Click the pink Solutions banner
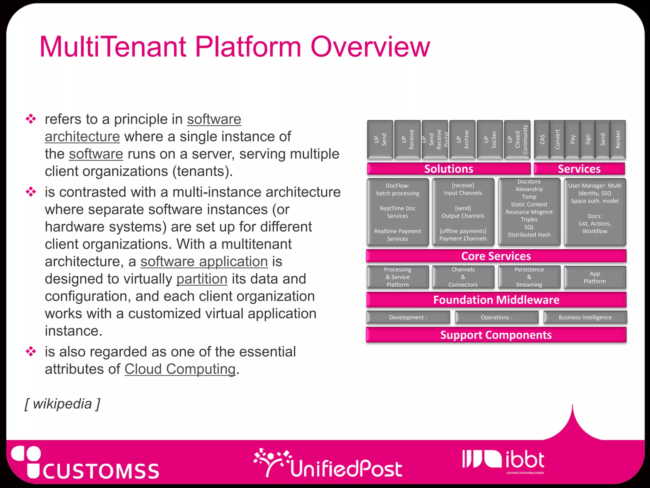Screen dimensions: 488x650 click(x=448, y=169)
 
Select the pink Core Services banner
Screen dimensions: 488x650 click(x=496, y=256)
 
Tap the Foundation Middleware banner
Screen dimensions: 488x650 click(x=496, y=300)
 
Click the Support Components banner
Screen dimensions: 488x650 click(x=496, y=335)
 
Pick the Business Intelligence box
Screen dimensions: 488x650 click(x=585, y=317)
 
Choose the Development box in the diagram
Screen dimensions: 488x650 click(x=408, y=317)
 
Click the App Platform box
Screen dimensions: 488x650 click(x=595, y=277)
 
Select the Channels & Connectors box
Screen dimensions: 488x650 click(x=463, y=277)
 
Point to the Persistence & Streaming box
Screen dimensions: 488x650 click(x=529, y=277)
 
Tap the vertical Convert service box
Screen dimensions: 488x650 click(x=557, y=139)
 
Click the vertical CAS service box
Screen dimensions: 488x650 click(x=542, y=139)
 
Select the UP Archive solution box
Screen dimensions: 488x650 click(x=462, y=139)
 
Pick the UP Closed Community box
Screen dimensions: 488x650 click(x=517, y=139)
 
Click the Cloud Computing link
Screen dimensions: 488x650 click(x=180, y=369)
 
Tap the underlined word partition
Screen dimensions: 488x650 click(x=202, y=279)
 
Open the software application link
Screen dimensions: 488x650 click(x=204, y=261)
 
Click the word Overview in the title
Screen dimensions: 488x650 click(x=370, y=47)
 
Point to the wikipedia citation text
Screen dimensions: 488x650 click(x=63, y=404)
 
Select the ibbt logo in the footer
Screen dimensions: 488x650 click(x=504, y=460)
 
